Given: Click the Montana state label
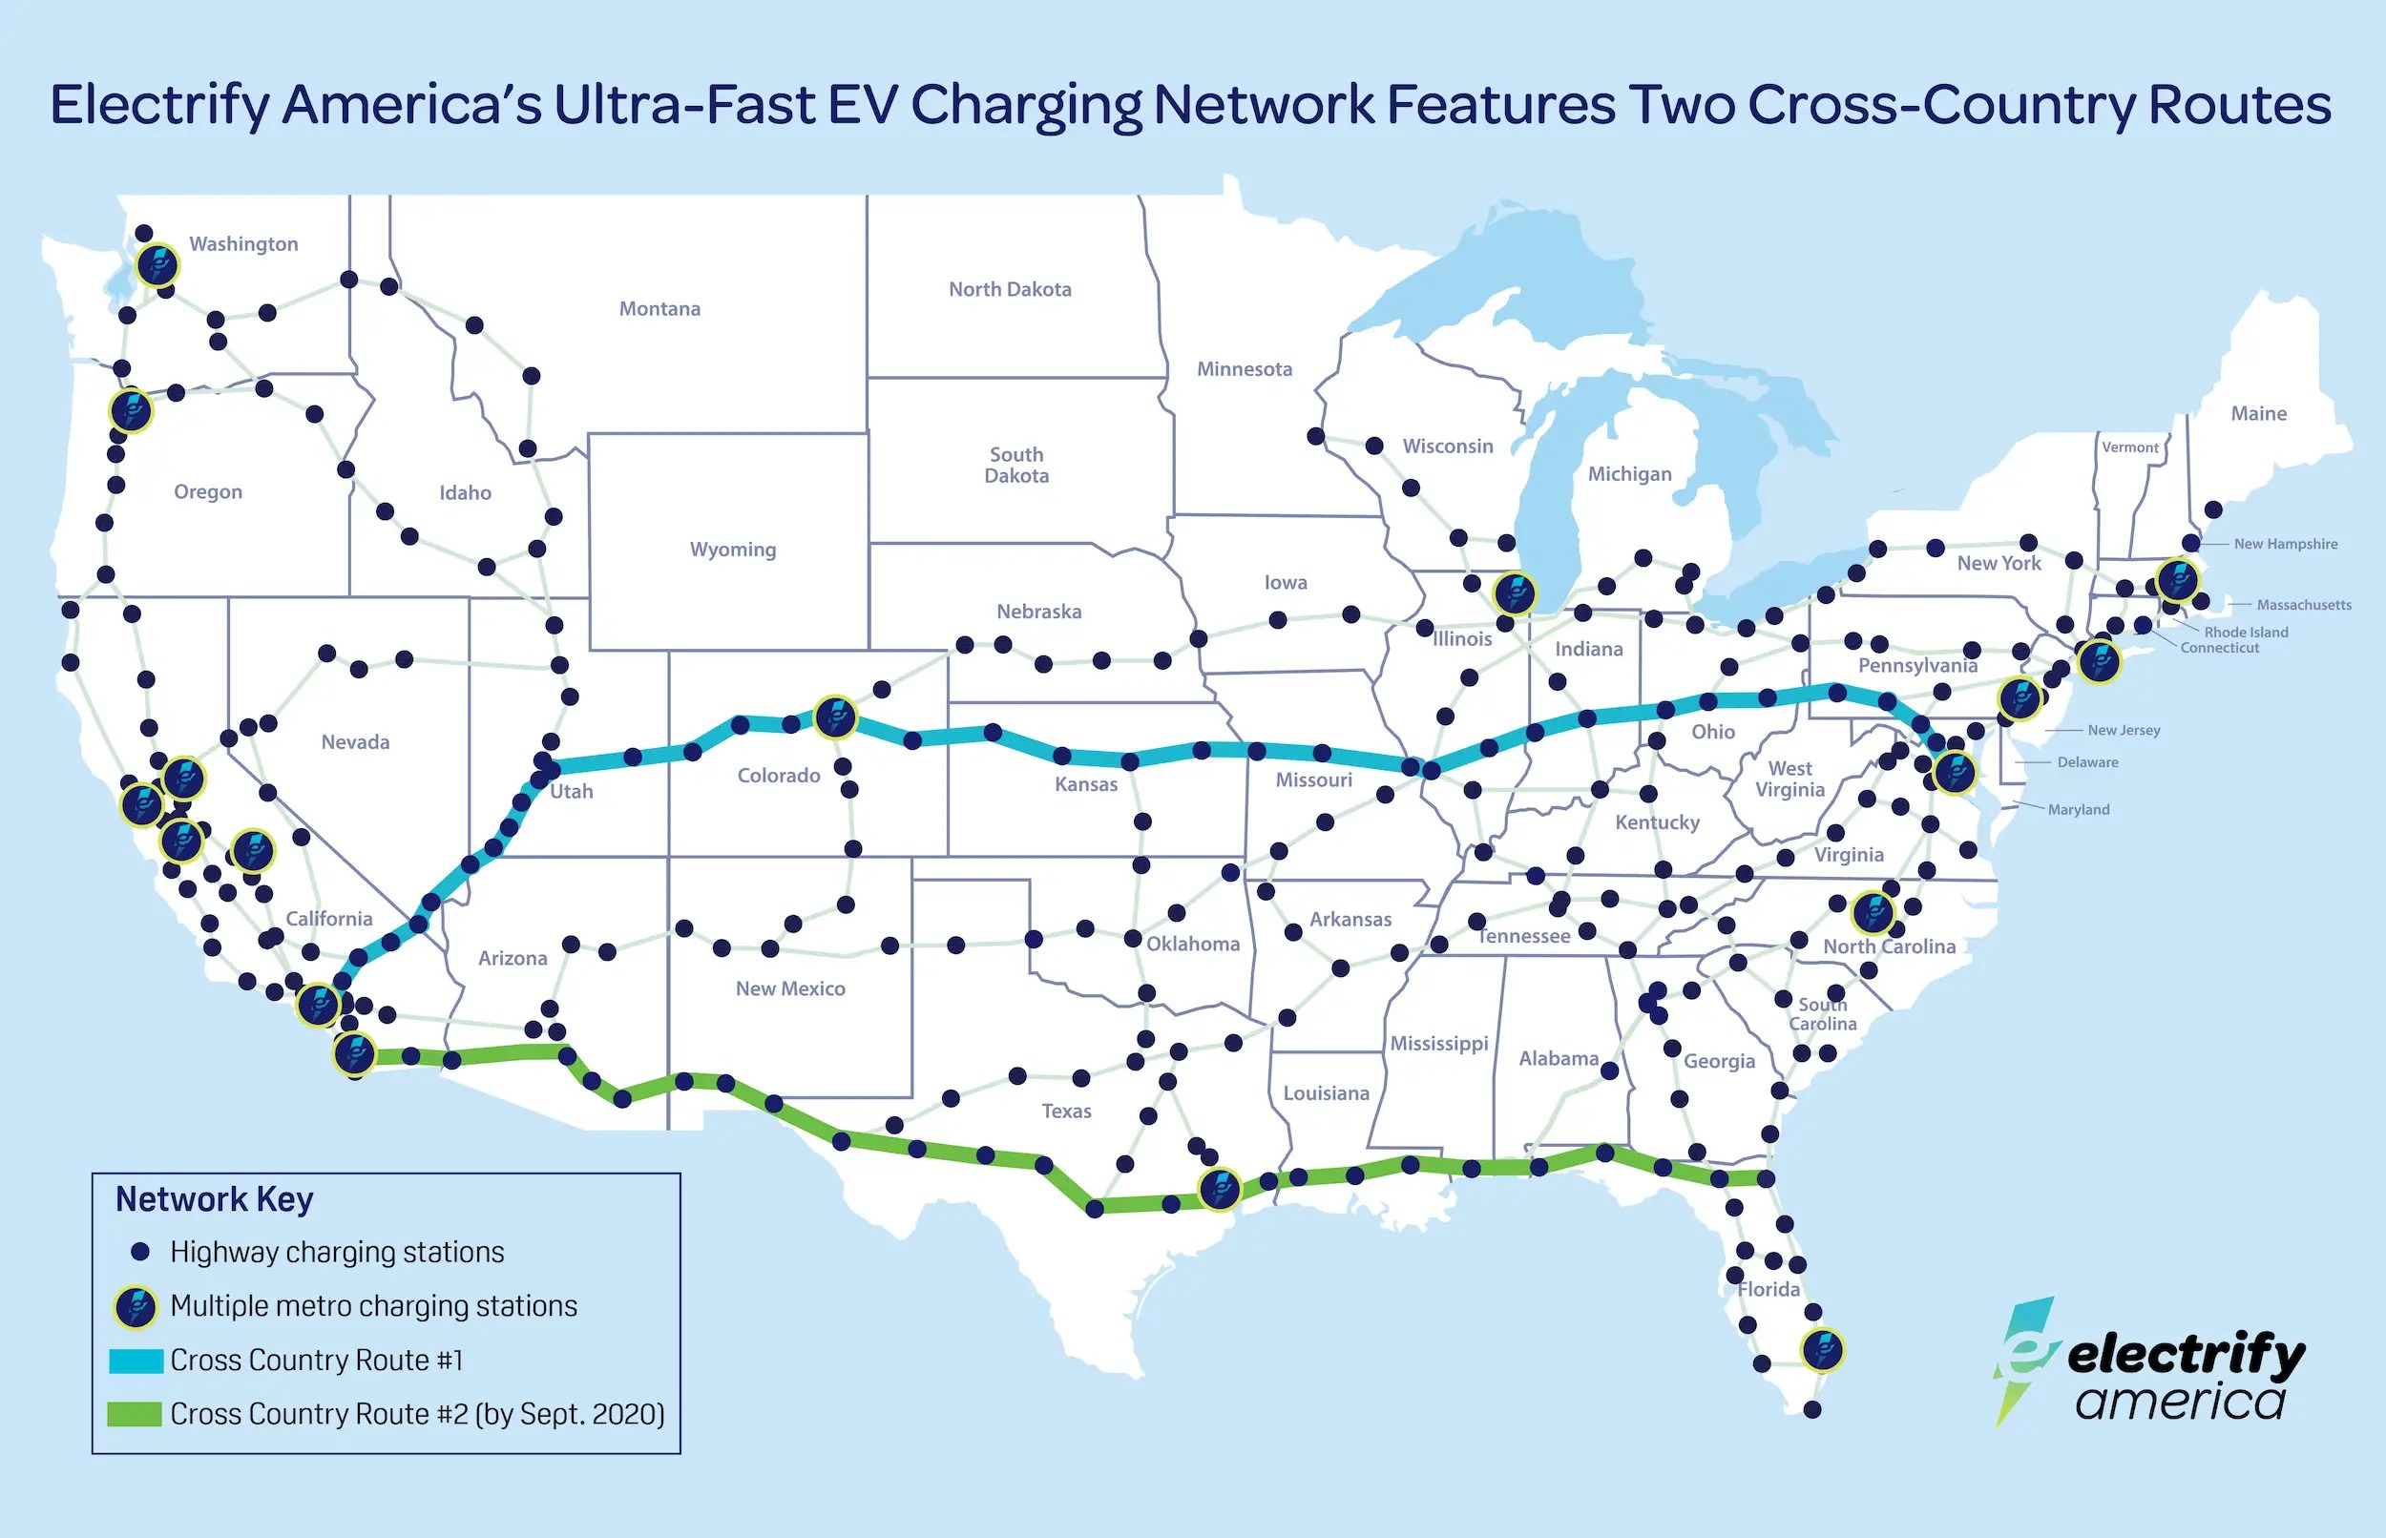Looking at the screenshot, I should coord(659,308).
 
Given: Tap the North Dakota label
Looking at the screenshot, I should coord(1010,290).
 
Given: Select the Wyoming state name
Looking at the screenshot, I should coord(732,550).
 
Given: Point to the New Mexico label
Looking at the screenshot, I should coord(790,988).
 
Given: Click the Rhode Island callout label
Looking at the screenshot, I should coord(2245,633).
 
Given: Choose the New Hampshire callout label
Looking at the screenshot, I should coord(2285,544).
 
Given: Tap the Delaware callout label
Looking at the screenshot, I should coord(2087,762).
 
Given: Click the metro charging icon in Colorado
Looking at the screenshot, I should coord(835,717).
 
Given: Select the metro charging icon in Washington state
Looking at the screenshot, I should coord(157,265).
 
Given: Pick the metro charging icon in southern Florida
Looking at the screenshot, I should coord(1822,1349).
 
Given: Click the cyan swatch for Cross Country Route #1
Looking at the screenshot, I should coord(136,1361).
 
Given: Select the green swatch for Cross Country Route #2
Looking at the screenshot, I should coord(135,1414).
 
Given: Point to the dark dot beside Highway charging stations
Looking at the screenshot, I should coord(141,1252).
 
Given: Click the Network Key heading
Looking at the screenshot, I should coord(215,1198).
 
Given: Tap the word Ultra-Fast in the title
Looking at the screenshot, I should coord(725,106).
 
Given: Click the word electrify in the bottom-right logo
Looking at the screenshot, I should coord(2186,1356).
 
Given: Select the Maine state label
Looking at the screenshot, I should coord(2258,413).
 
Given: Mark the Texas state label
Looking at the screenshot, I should coord(1066,1112).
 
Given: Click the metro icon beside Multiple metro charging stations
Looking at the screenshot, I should coord(136,1306).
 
